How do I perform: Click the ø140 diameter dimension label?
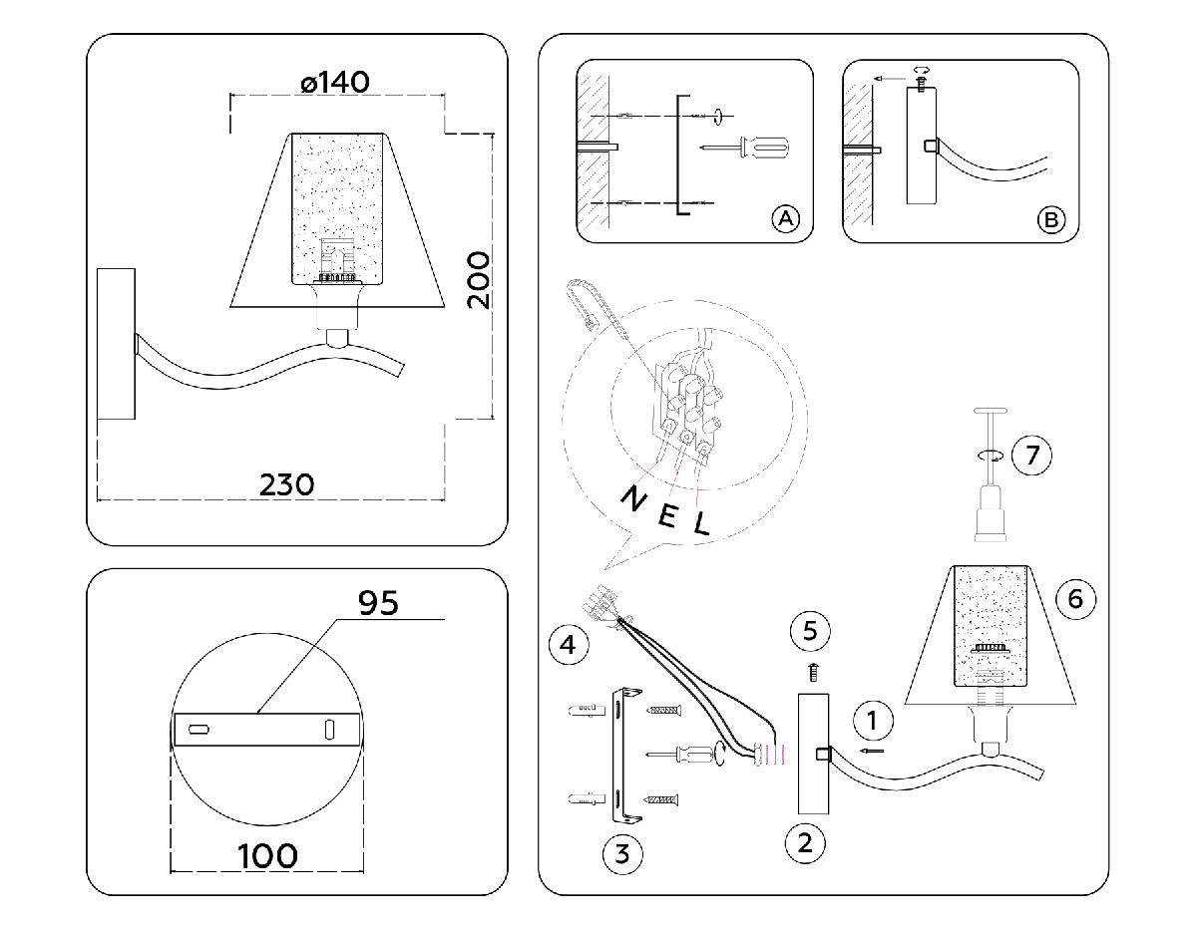coord(335,82)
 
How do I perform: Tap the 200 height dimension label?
coord(480,279)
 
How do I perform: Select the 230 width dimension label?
coord(286,484)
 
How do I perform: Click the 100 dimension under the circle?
coord(267,855)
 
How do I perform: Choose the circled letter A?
coord(786,218)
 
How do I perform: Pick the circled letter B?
coord(1050,219)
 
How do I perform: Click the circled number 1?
coord(874,719)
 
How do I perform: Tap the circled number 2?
coord(805,843)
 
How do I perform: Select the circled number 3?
coord(621,853)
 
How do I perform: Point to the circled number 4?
coord(567,645)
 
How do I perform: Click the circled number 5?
coord(810,630)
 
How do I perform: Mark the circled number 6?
coord(1074,598)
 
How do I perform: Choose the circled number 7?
coord(1031,456)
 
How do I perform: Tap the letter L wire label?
coord(702,523)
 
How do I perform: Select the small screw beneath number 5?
coord(812,673)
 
